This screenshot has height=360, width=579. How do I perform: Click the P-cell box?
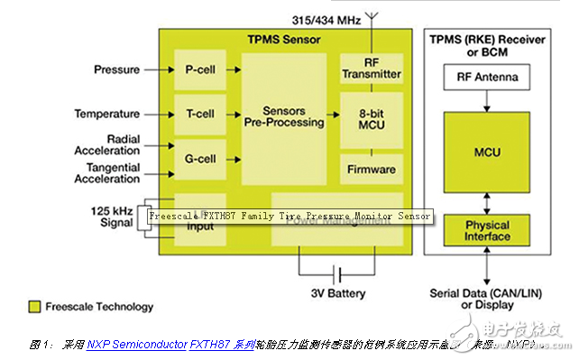(199, 69)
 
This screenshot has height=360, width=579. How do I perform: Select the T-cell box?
(199, 114)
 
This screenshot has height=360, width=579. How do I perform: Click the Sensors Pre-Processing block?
(285, 115)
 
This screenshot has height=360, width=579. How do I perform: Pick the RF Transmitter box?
(372, 69)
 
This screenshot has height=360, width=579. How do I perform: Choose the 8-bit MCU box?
(372, 120)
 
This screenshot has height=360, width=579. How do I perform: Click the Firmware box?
(372, 168)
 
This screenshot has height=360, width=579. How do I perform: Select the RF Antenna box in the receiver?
(487, 78)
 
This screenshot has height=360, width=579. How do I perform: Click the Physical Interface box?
(487, 231)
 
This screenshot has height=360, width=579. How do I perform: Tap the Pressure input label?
(116, 69)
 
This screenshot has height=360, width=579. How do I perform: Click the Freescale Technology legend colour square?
(35, 307)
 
